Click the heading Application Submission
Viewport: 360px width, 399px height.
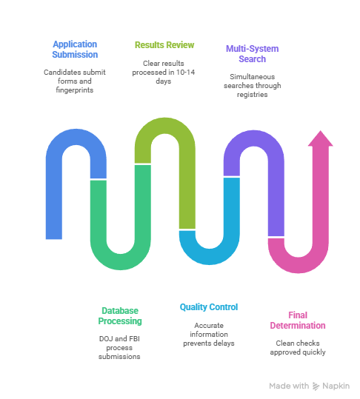click(x=75, y=50)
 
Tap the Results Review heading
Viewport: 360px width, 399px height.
click(x=164, y=45)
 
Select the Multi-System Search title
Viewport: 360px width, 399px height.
click(x=253, y=54)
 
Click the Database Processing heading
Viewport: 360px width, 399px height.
click(x=120, y=316)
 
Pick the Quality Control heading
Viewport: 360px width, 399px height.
click(x=209, y=307)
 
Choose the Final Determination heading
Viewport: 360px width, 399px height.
click(x=298, y=321)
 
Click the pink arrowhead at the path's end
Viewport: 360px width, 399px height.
click(x=321, y=138)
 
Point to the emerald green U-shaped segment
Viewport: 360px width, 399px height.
click(x=121, y=261)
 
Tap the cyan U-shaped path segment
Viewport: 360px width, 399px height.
click(x=210, y=256)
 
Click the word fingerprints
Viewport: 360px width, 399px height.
click(x=75, y=90)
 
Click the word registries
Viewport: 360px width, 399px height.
click(x=253, y=95)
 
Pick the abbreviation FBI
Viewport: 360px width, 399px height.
click(x=134, y=339)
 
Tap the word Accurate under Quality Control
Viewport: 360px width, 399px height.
click(x=209, y=326)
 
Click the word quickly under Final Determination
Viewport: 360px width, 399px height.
click(x=314, y=352)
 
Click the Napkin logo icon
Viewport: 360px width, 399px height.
click(x=316, y=386)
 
